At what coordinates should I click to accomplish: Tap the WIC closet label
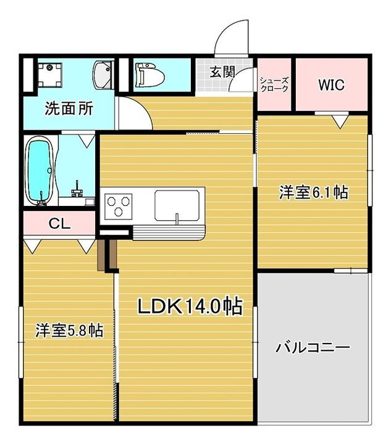tap(331, 84)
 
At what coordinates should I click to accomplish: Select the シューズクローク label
tap(274, 84)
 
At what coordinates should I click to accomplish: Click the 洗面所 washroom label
tap(69, 109)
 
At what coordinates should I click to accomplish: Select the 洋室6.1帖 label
tap(313, 192)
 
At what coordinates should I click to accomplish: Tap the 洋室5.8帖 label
tap(69, 330)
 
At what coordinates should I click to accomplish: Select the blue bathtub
tap(40, 170)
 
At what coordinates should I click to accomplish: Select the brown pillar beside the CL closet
tap(103, 253)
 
